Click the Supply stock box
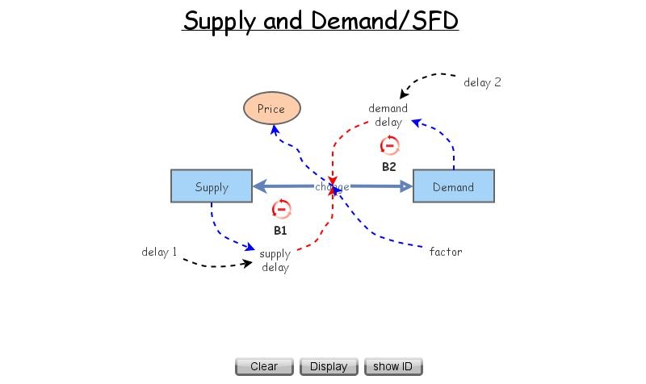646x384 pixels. click(x=212, y=186)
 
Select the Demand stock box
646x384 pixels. click(x=453, y=186)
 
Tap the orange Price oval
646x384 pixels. click(x=271, y=109)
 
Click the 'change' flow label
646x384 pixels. click(x=332, y=187)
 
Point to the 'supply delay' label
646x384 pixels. click(x=275, y=261)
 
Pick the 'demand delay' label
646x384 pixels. click(x=388, y=115)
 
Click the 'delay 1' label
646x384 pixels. click(x=159, y=252)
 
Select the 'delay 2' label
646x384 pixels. click(x=482, y=82)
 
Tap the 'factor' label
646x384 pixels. click(x=445, y=252)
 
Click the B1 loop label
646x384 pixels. click(x=280, y=230)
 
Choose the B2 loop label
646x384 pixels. click(x=389, y=167)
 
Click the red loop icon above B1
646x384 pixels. click(x=281, y=210)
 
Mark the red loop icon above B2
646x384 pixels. click(x=389, y=146)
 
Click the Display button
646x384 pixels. click(x=329, y=366)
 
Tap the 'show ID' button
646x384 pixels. click(x=392, y=366)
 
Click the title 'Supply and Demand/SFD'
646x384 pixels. click(x=321, y=20)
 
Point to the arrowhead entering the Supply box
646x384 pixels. click(x=258, y=186)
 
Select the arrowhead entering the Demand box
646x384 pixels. click(x=406, y=186)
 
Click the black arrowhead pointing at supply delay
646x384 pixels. click(x=247, y=262)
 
